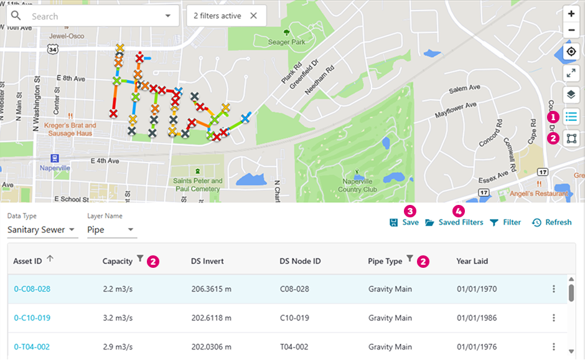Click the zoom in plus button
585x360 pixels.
pos(571,14)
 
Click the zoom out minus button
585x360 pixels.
pos(571,31)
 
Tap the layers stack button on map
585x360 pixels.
pos(571,95)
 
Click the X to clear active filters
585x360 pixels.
pos(253,16)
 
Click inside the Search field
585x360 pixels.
pos(93,16)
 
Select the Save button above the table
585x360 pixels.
pos(404,222)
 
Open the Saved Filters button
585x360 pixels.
pos(454,222)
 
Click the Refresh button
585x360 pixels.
pos(551,222)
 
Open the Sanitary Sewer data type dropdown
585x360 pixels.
pos(42,230)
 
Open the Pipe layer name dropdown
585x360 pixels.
pos(111,230)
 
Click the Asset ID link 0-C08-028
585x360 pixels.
pos(32,289)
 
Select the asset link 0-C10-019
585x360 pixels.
pos(32,318)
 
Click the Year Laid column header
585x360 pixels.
pos(472,262)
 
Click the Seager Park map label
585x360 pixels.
pos(287,42)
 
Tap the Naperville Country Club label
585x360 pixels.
pos(358,185)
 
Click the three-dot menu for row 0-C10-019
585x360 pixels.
pos(554,318)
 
